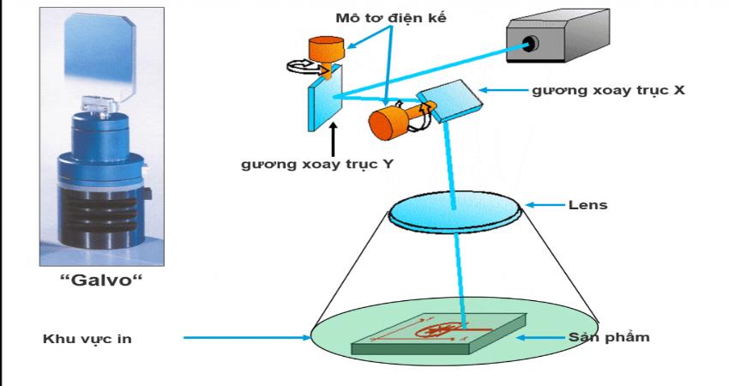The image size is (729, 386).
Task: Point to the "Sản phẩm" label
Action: (x=605, y=337)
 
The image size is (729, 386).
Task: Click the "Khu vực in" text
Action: (x=88, y=338)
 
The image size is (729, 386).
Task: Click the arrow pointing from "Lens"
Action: (x=545, y=205)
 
